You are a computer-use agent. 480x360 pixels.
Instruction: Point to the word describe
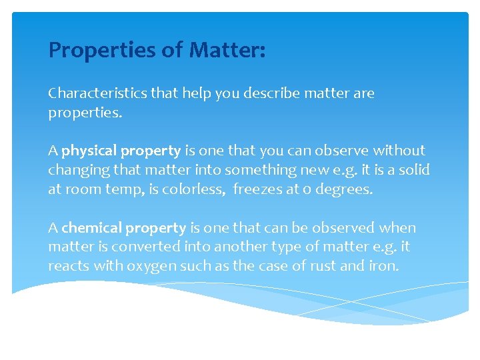coord(274,93)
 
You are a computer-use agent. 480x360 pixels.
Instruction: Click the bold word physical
coord(89,151)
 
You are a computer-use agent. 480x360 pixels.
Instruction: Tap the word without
coord(399,151)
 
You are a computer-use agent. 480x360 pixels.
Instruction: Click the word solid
coord(415,170)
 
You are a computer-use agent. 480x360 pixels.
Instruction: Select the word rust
coord(322,266)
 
